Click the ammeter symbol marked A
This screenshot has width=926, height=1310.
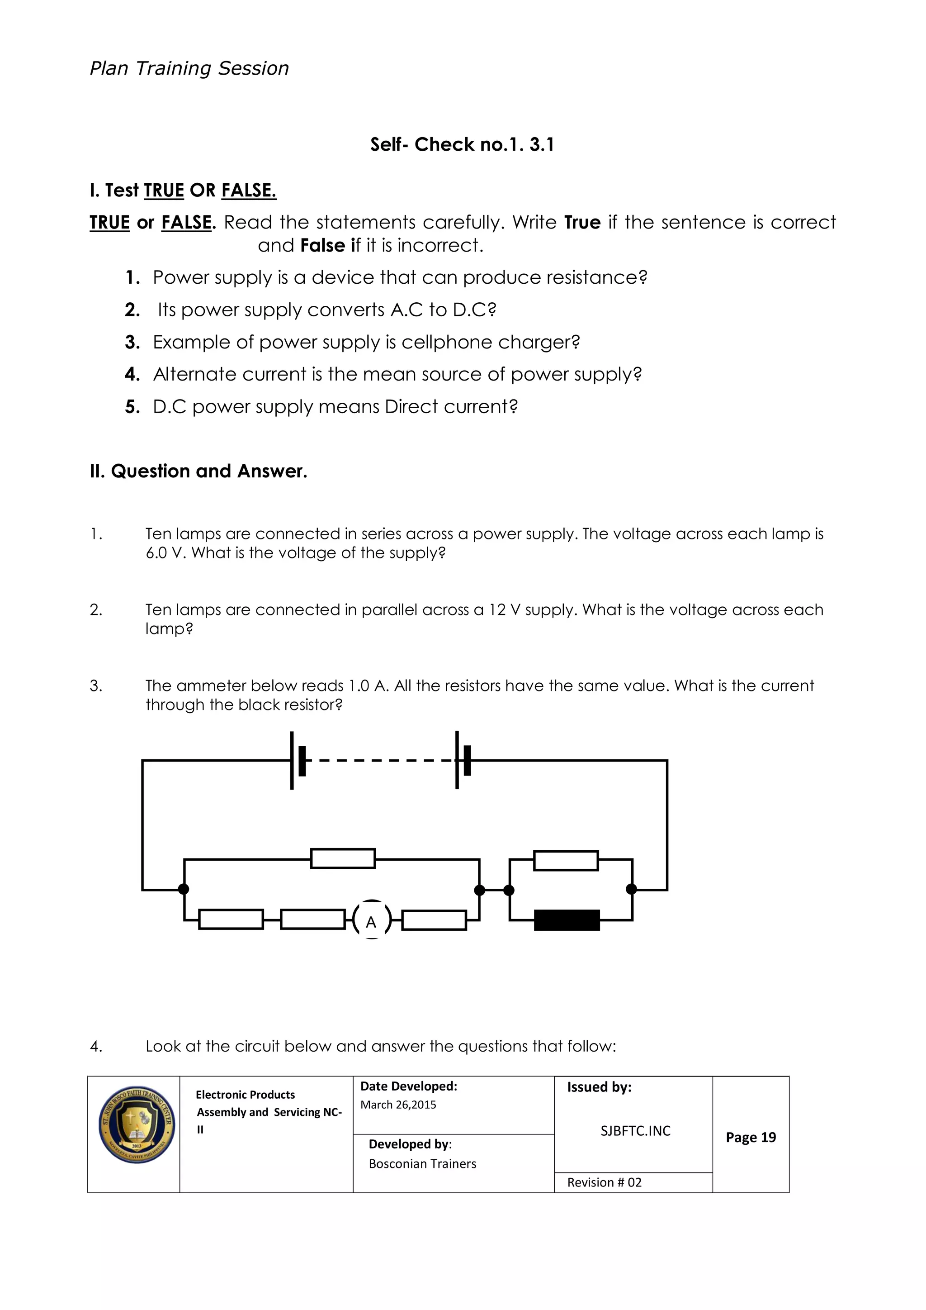click(372, 921)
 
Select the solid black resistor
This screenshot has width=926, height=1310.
click(567, 920)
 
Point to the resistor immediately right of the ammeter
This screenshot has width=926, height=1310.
click(434, 920)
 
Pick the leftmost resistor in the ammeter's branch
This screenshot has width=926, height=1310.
click(231, 919)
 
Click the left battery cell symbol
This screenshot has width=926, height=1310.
click(297, 760)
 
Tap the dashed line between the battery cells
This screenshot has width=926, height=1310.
click(380, 761)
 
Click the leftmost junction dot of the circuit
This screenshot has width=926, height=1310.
click(184, 889)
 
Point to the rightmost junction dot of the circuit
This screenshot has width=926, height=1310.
click(631, 889)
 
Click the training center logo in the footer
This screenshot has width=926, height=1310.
click(136, 1124)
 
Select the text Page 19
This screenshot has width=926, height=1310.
click(751, 1137)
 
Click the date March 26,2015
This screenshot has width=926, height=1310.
click(398, 1105)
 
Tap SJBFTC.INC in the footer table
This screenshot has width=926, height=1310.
click(635, 1131)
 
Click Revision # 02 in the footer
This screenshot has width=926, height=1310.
click(604, 1182)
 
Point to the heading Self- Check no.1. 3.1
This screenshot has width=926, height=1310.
click(462, 144)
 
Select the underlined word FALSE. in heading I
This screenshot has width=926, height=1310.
click(249, 190)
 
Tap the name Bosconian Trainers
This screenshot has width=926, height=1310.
click(422, 1163)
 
